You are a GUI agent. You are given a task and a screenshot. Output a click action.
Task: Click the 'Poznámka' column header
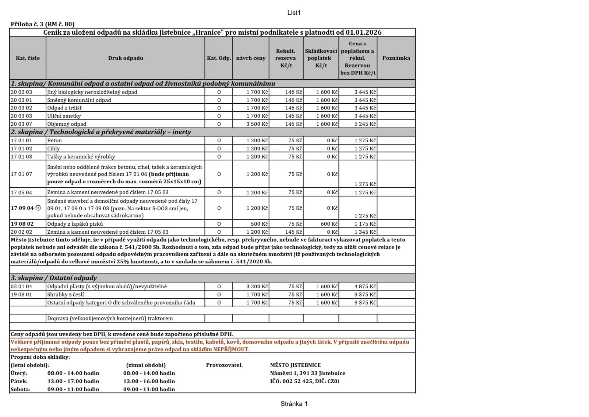[396, 58]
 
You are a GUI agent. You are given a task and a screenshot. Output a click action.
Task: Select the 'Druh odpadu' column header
[126, 58]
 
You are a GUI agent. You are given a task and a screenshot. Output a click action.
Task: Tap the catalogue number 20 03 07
[21, 124]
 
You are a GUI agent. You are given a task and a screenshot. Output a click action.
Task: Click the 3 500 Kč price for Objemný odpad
[257, 124]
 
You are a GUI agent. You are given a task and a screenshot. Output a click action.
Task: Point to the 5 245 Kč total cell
[365, 124]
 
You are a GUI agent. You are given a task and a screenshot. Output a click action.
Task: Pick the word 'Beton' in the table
[54, 140]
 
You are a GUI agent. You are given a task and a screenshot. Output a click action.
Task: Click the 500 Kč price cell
[259, 224]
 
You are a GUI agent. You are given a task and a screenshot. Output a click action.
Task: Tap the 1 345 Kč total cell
[365, 232]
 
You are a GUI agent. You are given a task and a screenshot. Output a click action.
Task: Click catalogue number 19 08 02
[22, 224]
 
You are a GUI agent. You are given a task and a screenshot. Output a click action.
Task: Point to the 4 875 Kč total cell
[365, 286]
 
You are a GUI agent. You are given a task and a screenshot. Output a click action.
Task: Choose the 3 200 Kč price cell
[257, 286]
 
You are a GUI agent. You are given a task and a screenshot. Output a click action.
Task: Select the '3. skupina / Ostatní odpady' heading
[54, 278]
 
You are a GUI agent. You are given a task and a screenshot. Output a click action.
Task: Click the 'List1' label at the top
[294, 13]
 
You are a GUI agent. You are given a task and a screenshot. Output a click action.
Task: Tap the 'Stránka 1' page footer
[294, 404]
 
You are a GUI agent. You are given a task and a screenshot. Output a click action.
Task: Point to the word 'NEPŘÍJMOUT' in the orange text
[231, 349]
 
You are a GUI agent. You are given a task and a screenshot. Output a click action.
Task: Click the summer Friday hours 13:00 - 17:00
[73, 381]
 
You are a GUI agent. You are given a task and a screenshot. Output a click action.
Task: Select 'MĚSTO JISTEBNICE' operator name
[295, 365]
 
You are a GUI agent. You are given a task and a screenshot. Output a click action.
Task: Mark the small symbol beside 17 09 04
[38, 208]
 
